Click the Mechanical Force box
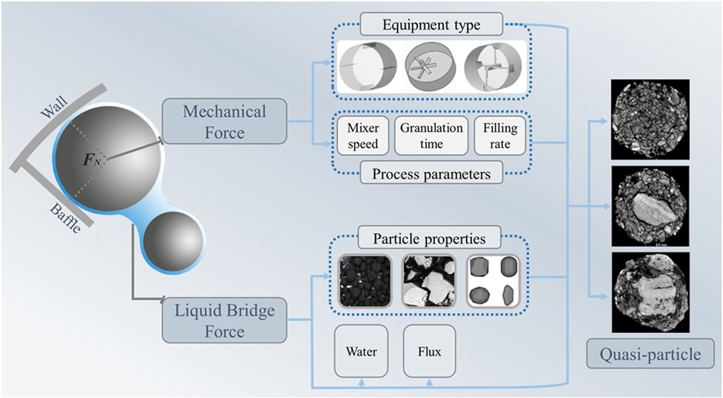coord(224,121)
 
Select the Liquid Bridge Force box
coord(224,320)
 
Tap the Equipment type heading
coord(431,24)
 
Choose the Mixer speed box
coord(362,136)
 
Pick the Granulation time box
coord(431,136)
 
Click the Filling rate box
coord(500,136)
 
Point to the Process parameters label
coord(431,174)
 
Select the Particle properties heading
coord(429,238)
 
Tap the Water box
coord(361,351)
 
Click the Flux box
coord(429,351)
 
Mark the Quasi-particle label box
coord(650,354)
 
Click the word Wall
coord(54,107)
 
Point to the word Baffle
coord(66,218)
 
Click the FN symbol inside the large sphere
coord(91,160)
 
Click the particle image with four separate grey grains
coord(493,281)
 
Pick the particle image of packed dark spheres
coord(365,281)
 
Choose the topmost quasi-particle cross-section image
coord(650,119)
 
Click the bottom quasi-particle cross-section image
coord(650,292)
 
